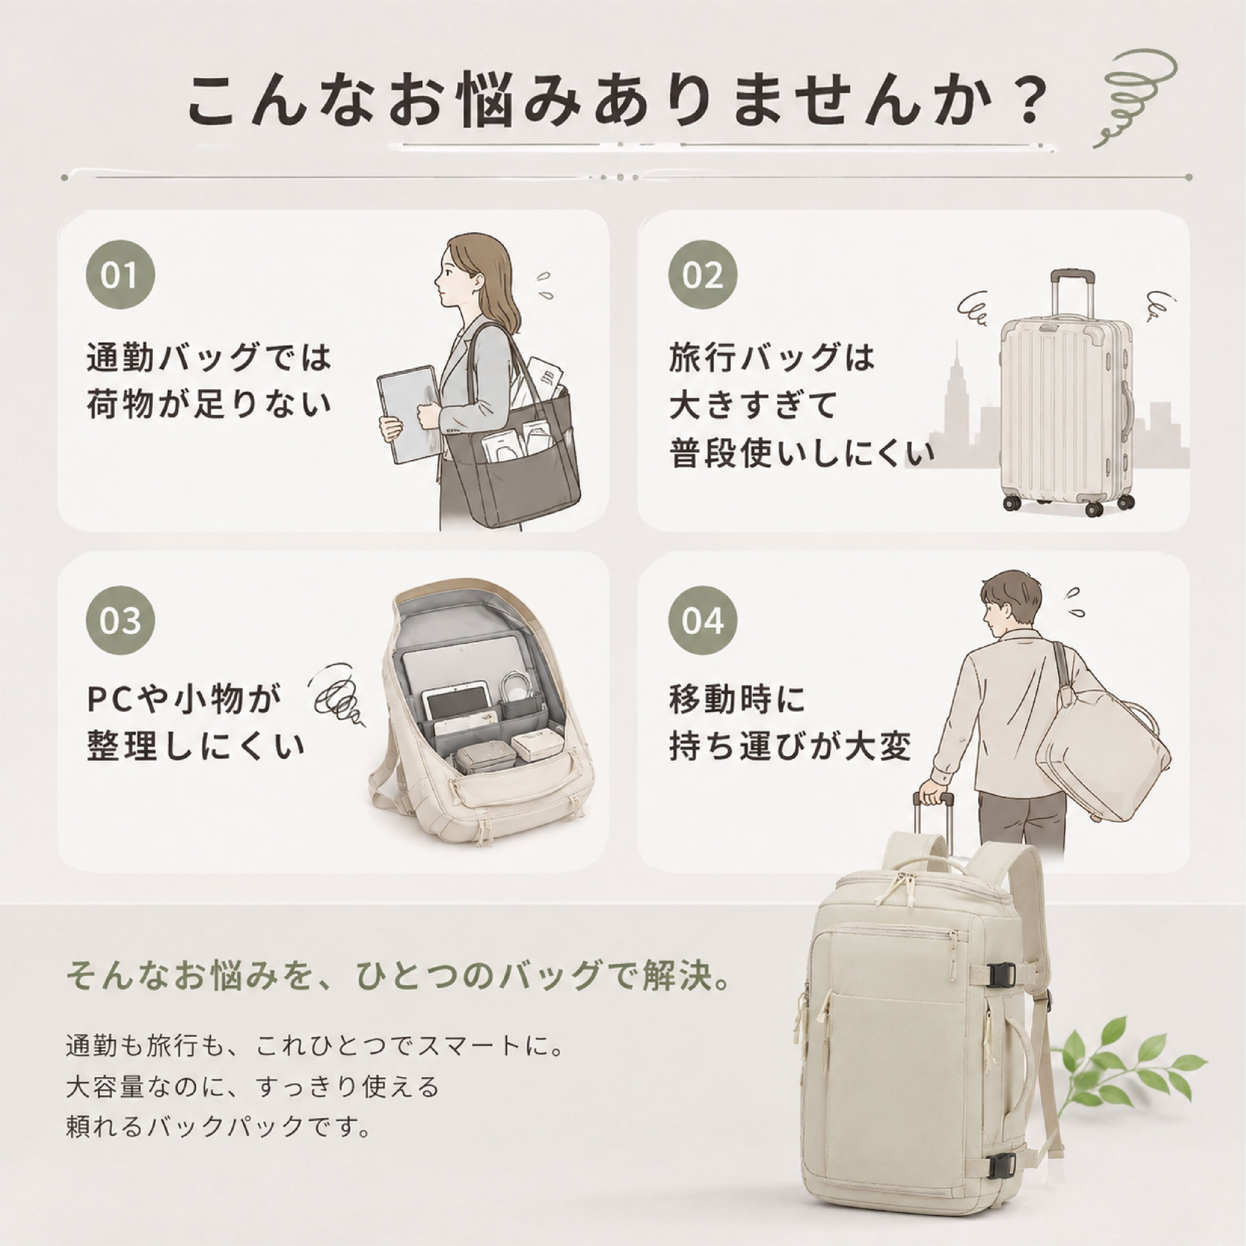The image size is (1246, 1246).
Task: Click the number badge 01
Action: tap(121, 275)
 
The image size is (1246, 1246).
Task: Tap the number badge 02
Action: tap(702, 275)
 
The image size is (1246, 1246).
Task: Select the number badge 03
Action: tap(121, 620)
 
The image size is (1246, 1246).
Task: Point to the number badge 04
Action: tap(702, 620)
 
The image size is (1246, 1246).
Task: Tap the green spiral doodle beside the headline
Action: tap(1135, 97)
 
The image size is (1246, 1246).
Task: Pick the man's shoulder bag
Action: tap(1103, 748)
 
